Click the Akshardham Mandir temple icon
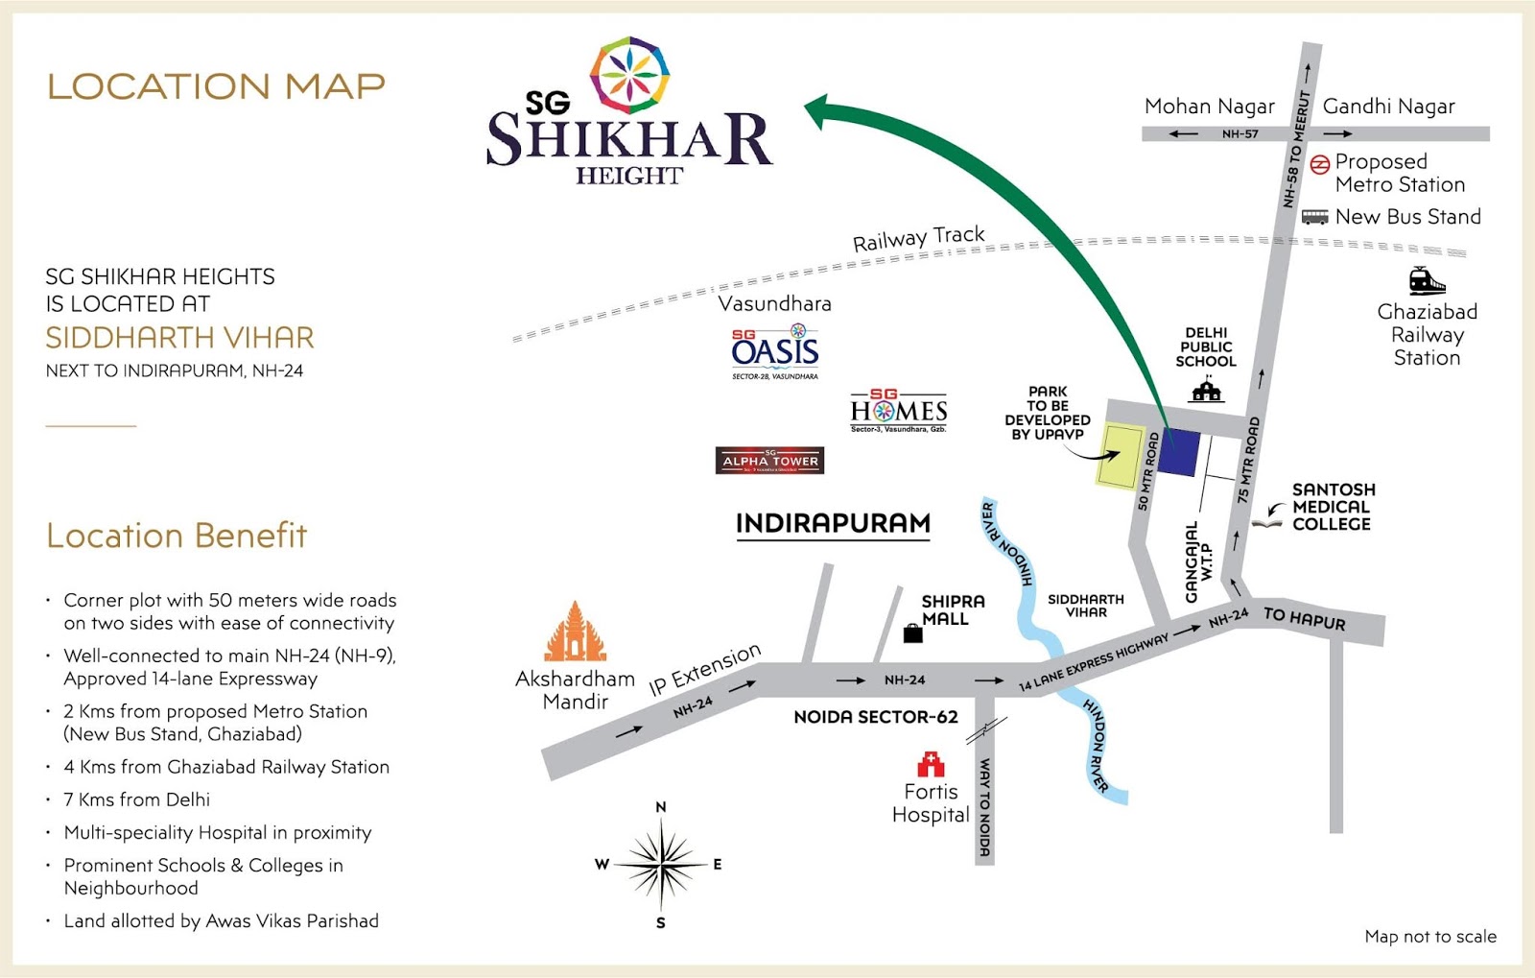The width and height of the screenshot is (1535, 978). [576, 632]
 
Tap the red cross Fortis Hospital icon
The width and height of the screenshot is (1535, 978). [931, 764]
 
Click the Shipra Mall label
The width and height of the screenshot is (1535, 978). [952, 609]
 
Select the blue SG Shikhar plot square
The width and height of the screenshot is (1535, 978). [1179, 452]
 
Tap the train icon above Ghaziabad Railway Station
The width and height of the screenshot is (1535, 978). [1427, 280]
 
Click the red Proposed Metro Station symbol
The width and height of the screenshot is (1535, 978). [1320, 164]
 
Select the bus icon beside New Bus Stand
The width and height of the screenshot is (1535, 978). [1314, 217]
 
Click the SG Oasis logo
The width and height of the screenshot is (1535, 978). [775, 351]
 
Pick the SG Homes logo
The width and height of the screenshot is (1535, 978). [899, 411]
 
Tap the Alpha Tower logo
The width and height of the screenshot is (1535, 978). [769, 461]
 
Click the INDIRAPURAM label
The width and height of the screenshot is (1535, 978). [833, 523]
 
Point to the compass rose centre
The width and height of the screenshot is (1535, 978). [661, 864]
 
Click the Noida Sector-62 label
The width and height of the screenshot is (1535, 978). [875, 717]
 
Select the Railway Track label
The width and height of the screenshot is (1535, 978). [918, 238]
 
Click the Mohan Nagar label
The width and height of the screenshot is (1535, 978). [1209, 107]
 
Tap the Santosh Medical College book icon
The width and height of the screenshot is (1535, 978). [1266, 522]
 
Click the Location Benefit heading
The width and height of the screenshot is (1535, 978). [177, 536]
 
